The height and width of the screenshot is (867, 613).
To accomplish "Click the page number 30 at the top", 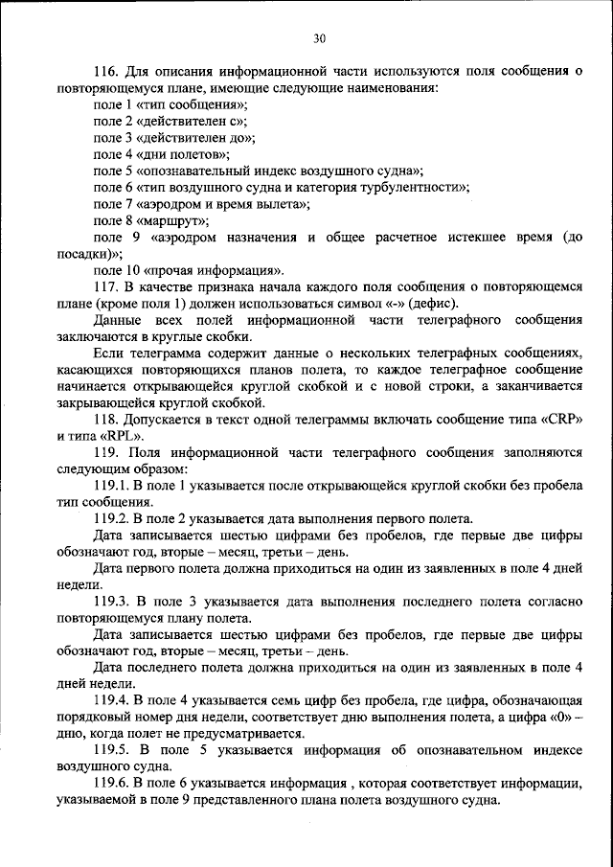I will (x=319, y=38).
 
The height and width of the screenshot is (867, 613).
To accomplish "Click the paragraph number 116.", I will (x=106, y=71).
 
